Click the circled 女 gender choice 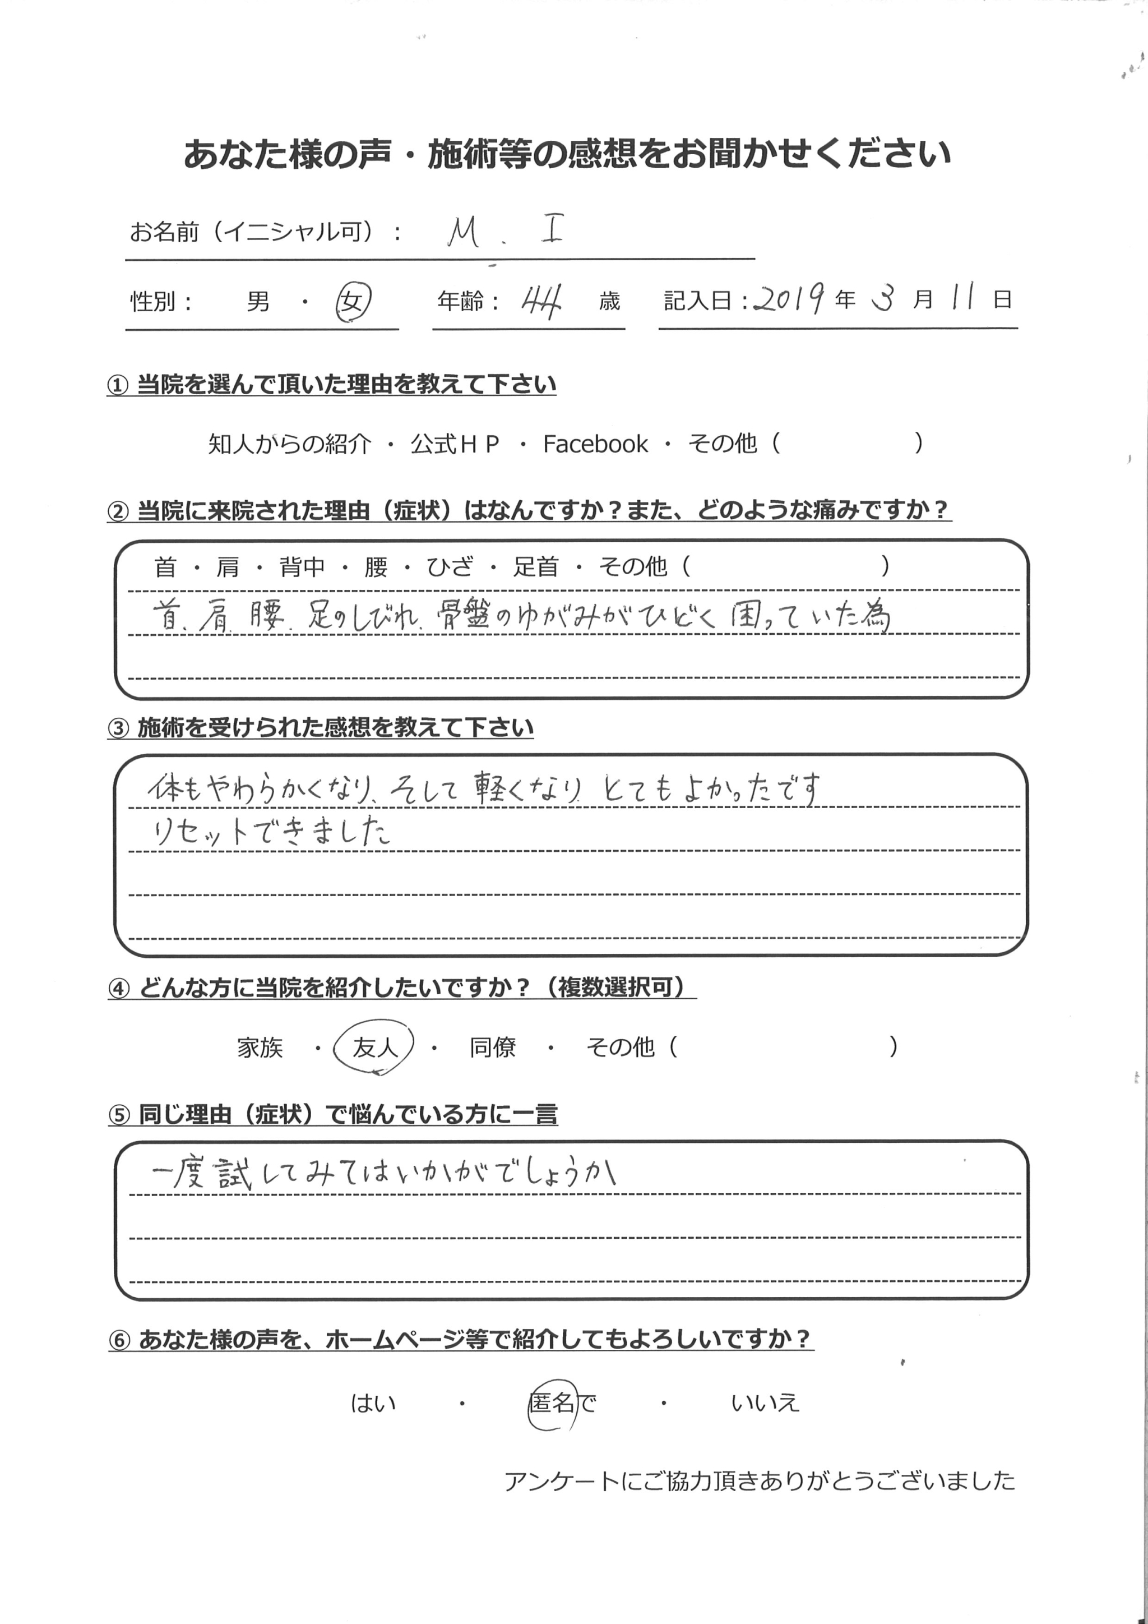353,303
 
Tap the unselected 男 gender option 258,303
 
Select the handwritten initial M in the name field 463,233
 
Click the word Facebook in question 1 595,444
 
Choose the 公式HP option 455,444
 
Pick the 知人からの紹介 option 289,444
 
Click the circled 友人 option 374,1048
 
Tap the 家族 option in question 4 260,1048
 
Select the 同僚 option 493,1048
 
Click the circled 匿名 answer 552,1402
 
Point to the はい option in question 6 373,1403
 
